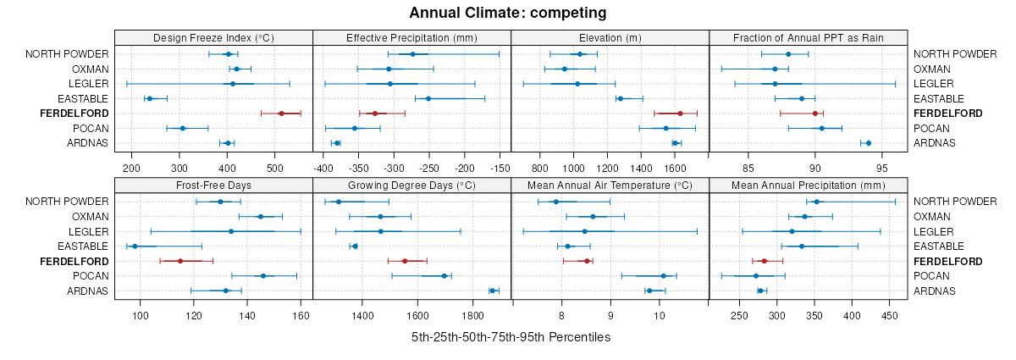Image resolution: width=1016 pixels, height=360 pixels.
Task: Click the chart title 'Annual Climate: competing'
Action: click(507, 13)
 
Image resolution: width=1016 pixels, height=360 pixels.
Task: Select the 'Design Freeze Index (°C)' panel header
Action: click(213, 37)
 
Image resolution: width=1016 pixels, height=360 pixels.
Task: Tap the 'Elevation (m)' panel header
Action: click(610, 37)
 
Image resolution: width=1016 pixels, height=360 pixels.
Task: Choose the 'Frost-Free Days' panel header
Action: click(213, 185)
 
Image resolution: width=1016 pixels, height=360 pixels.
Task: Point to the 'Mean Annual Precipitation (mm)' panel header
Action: click(808, 185)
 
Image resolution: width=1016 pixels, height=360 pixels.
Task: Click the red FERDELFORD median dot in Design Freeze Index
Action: click(281, 114)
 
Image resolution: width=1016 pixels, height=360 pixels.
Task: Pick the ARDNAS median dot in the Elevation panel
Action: click(675, 143)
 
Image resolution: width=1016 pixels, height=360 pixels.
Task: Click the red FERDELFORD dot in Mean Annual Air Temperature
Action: click(587, 261)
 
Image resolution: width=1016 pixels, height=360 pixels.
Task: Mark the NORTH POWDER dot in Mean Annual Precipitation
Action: click(816, 202)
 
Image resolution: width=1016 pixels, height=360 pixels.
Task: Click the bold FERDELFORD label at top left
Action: click(75, 114)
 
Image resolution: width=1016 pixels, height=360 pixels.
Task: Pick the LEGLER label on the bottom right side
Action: click(930, 231)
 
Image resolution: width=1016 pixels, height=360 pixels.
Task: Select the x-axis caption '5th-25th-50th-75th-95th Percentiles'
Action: click(511, 337)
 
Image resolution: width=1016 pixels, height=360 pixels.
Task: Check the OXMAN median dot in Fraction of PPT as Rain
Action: click(775, 69)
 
